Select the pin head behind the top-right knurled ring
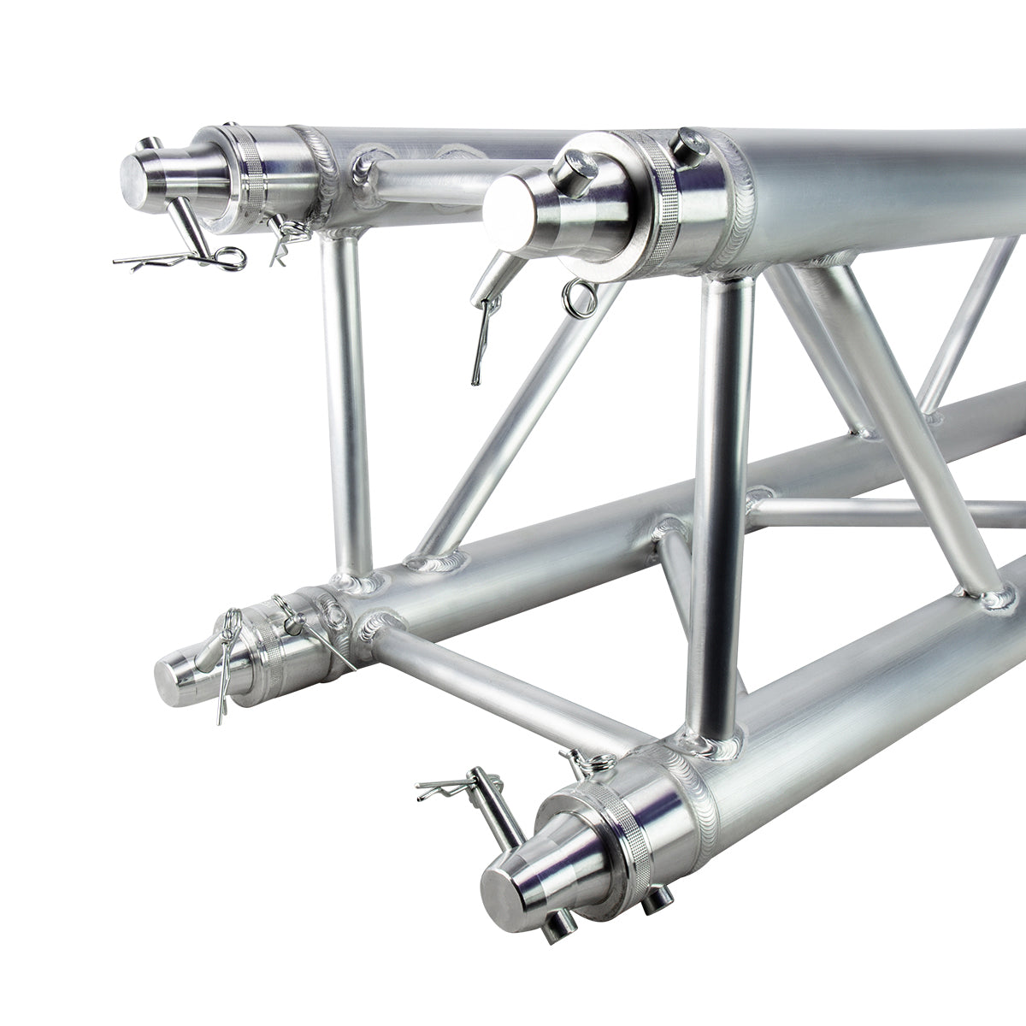[689, 142]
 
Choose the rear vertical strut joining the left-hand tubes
[346, 402]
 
